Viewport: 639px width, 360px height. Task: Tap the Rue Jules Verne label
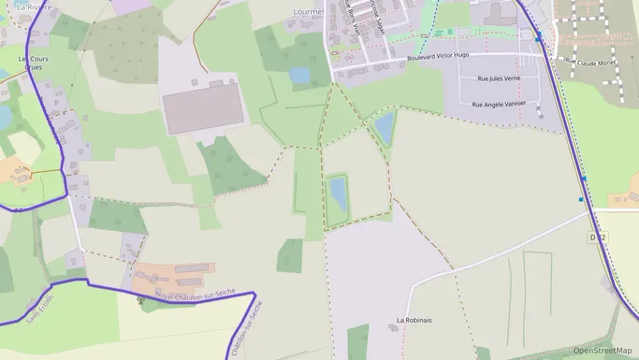coord(499,79)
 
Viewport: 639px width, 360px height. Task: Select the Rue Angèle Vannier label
coord(499,104)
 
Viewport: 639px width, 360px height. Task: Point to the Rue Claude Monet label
coord(591,61)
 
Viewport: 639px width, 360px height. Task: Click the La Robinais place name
coord(414,320)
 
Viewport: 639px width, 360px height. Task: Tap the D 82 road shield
coord(597,237)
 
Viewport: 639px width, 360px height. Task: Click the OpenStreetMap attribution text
coord(602,350)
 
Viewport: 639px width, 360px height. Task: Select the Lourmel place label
coord(307,12)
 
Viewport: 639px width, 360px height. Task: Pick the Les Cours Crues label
coord(33,63)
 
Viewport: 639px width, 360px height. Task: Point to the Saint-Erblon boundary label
coord(40,309)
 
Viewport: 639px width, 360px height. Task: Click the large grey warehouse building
coord(203,109)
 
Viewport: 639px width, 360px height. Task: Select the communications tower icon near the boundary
coord(143,301)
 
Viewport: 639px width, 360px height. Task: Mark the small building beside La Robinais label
coord(393,328)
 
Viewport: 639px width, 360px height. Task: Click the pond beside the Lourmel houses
coord(299,75)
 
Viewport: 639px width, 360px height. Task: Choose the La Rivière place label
coord(34,7)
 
